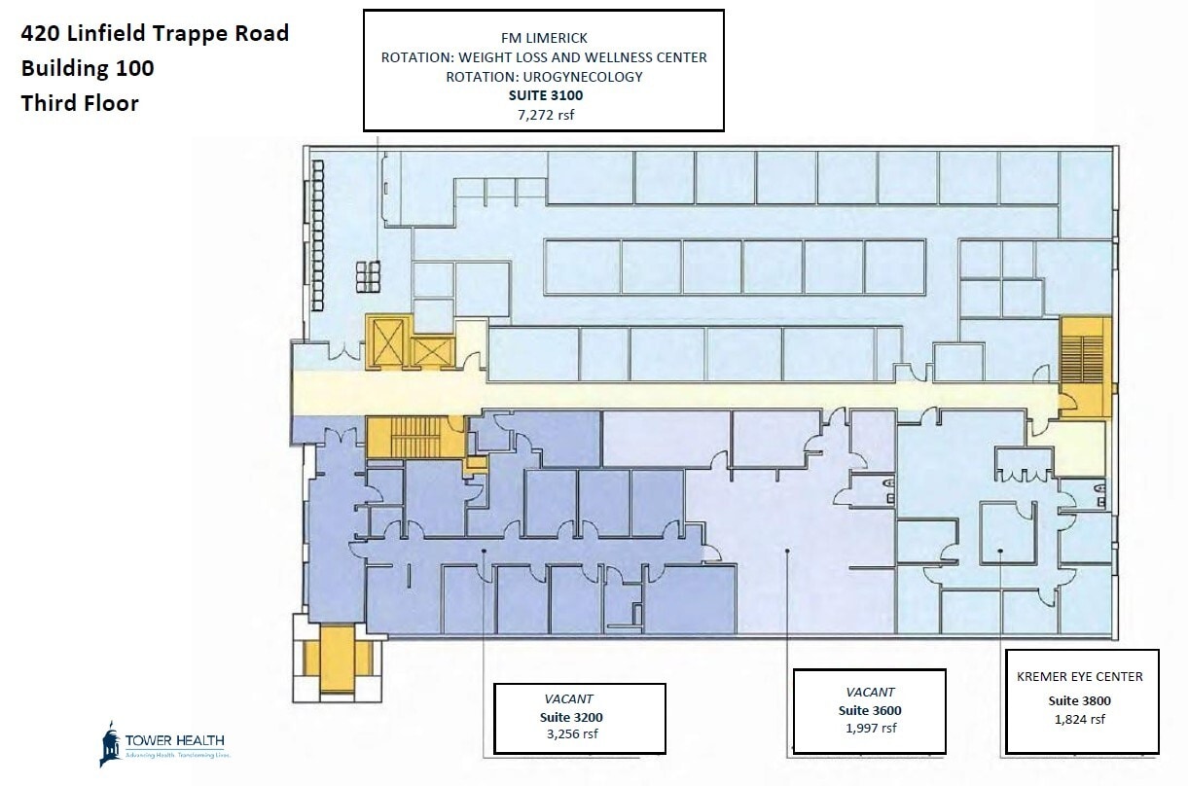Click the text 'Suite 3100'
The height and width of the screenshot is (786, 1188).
(x=543, y=96)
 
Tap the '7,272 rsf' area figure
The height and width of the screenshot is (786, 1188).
(x=543, y=115)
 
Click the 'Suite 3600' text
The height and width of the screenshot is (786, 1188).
(x=870, y=710)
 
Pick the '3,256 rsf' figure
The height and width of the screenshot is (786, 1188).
(x=579, y=733)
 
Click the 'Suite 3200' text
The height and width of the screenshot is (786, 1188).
(x=579, y=716)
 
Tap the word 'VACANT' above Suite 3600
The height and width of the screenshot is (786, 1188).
(x=870, y=692)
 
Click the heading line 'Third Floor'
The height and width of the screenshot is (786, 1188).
(x=80, y=102)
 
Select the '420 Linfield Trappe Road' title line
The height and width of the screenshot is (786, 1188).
(x=155, y=33)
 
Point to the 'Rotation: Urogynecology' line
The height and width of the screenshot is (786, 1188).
(x=543, y=77)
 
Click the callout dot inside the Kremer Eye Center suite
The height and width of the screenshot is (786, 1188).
(x=1000, y=552)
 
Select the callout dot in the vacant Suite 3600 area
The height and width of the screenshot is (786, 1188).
(x=786, y=552)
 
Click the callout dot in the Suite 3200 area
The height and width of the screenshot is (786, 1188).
(x=484, y=552)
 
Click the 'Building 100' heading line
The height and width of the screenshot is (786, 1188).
(x=88, y=68)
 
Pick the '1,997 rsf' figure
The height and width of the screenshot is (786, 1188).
(x=870, y=729)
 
